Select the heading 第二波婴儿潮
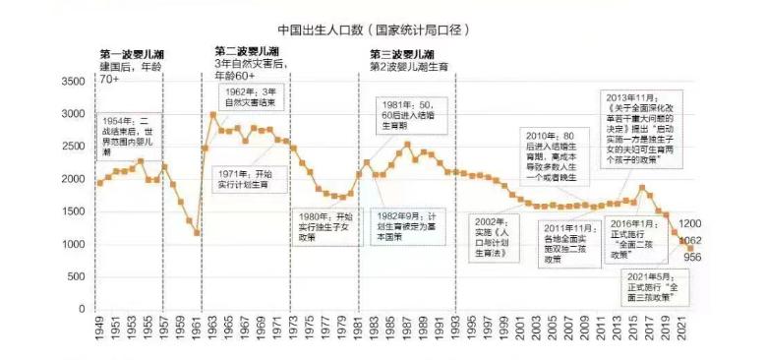[x=248, y=51]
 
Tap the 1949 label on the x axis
[x=99, y=330]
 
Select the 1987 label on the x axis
[x=406, y=330]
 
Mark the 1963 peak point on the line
[x=213, y=114]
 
